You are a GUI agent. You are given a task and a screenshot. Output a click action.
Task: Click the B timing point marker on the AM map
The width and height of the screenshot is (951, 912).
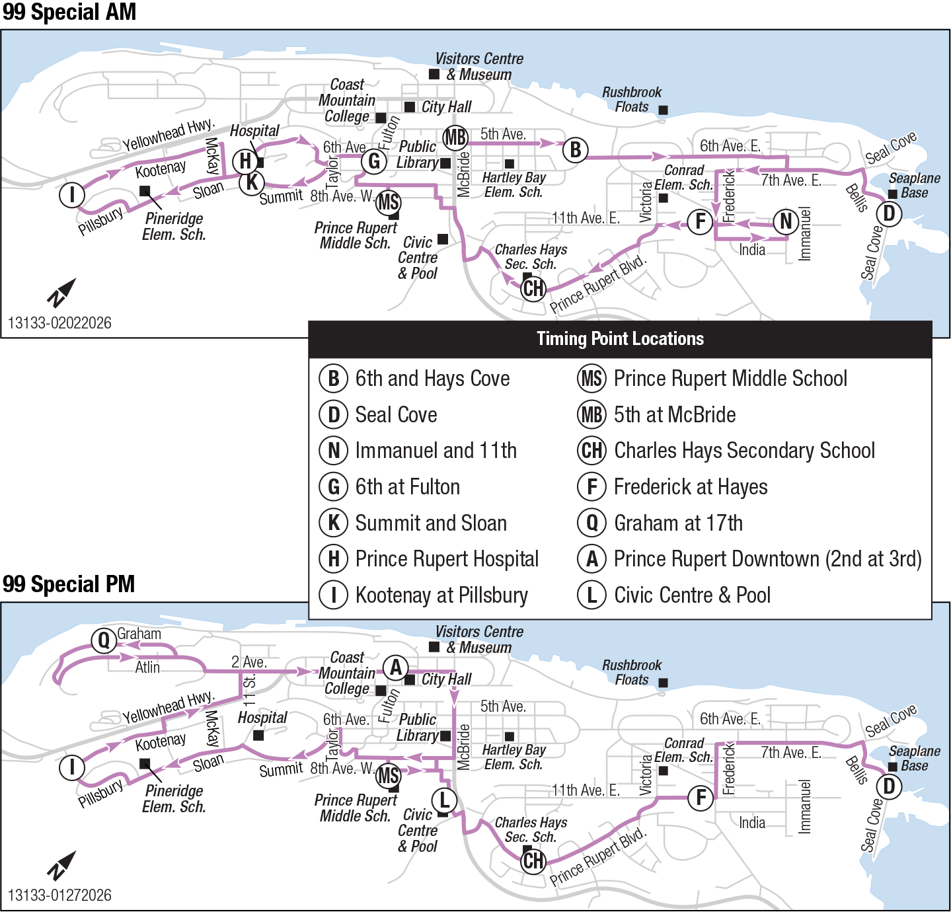point(576,150)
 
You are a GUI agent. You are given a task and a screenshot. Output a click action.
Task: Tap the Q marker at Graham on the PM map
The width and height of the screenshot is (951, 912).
point(104,640)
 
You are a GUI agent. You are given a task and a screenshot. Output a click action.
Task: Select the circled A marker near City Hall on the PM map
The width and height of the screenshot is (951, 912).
point(395,667)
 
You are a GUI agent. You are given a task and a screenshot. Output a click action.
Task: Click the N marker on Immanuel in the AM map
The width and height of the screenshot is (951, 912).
point(786,221)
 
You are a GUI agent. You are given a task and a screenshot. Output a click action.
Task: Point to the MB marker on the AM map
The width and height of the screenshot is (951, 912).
point(455,138)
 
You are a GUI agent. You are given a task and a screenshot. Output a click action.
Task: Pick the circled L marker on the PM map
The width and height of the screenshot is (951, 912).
point(444,800)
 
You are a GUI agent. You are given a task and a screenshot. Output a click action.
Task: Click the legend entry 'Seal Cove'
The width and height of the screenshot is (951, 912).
point(396,415)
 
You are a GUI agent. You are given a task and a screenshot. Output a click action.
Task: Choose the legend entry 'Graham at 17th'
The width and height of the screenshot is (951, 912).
point(678,523)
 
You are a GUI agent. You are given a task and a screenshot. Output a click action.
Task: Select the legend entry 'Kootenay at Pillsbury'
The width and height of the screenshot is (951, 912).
point(441,595)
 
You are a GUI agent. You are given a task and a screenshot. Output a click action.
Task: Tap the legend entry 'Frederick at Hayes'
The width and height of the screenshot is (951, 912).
point(691,487)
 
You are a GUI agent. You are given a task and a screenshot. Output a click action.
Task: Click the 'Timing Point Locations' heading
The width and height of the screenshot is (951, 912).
point(620,339)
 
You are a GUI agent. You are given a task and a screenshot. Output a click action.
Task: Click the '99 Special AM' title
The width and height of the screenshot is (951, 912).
point(69,12)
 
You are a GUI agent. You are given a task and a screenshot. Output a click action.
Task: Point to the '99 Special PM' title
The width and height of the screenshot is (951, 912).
point(69,584)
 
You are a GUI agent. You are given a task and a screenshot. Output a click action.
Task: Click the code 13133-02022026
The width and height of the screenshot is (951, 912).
point(59,323)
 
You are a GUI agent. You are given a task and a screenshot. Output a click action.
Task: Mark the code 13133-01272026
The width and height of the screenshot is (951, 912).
point(59,895)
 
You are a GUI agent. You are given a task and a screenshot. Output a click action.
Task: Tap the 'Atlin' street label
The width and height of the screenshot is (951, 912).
point(147,667)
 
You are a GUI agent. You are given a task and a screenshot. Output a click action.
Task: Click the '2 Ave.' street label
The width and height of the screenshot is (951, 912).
point(249,662)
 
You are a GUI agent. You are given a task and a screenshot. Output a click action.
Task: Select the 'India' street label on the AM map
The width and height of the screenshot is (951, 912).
point(752,250)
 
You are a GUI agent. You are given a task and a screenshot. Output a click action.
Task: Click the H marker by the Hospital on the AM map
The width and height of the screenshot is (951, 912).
point(245,161)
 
